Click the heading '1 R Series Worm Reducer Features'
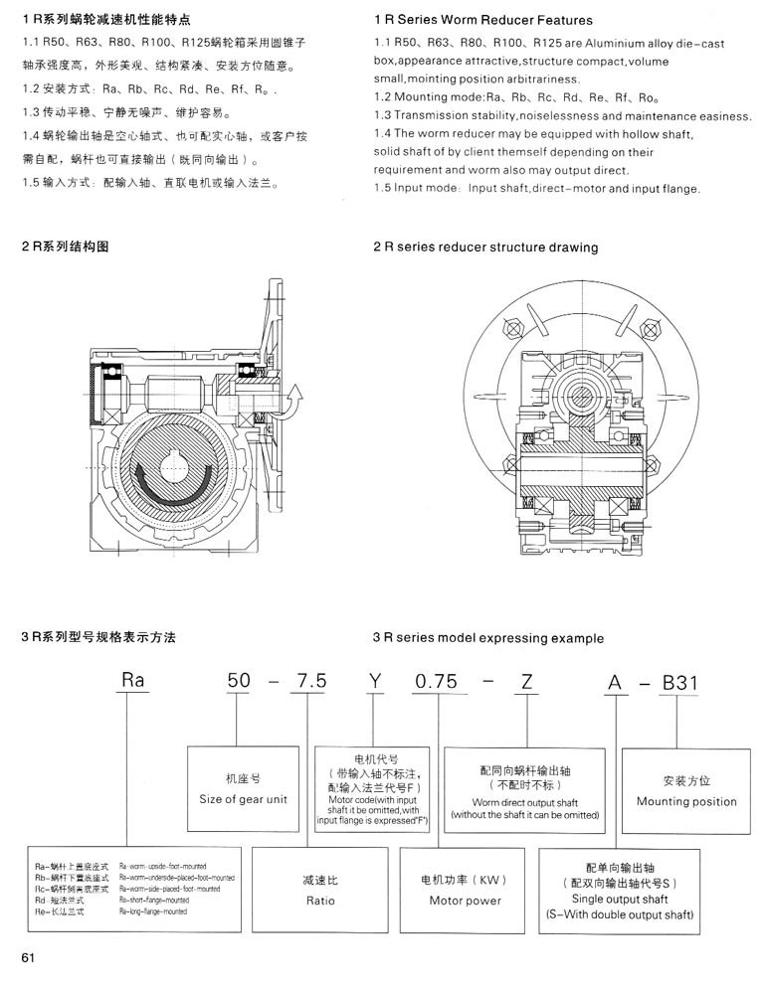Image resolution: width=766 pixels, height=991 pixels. pos(482,19)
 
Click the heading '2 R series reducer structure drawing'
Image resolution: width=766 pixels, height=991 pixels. pos(485,247)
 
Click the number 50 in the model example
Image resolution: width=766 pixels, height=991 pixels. pos(239,681)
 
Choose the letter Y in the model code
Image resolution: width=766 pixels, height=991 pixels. pos(374,681)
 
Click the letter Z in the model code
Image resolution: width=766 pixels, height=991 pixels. pos(526,681)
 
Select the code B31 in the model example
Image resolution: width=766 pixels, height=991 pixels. pos(681,681)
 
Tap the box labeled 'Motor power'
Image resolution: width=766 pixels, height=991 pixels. pos(465,890)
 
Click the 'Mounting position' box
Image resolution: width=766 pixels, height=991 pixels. pos(686,790)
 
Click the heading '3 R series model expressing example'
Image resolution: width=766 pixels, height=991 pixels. pos(487,637)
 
